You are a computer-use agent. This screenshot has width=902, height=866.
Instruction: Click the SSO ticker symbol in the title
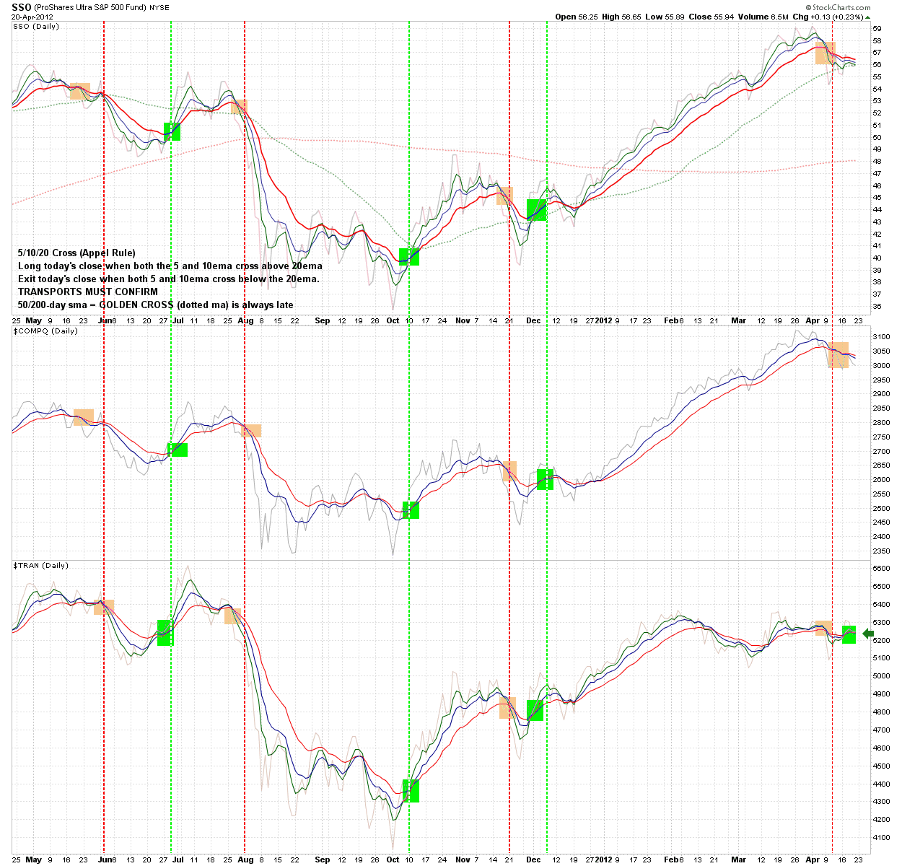click(22, 7)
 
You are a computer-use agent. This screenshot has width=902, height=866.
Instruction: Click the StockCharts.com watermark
click(838, 7)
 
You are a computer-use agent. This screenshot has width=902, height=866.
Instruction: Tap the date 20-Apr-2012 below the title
click(32, 17)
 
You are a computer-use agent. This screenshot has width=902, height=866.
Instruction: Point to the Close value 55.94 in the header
click(724, 17)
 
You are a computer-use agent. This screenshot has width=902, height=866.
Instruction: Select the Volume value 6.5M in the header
click(779, 17)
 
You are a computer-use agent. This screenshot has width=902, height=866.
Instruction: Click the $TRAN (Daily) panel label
click(41, 566)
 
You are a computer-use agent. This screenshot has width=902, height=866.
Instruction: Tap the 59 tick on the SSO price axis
click(877, 29)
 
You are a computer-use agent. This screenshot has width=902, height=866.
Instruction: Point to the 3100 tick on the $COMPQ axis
click(880, 337)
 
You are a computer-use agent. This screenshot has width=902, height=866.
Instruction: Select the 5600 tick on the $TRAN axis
click(880, 569)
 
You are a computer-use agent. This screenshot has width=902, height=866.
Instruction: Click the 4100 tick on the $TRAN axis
click(880, 838)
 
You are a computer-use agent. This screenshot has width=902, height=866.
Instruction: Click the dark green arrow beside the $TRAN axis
click(868, 634)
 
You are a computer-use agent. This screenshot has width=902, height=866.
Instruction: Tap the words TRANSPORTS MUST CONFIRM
click(88, 292)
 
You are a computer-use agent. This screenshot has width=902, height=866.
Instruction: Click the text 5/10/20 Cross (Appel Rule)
click(77, 253)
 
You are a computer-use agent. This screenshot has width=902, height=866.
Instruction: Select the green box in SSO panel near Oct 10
click(409, 257)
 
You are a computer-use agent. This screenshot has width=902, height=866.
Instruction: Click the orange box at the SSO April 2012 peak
click(826, 53)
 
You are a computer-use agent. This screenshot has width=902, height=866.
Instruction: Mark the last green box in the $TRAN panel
click(849, 634)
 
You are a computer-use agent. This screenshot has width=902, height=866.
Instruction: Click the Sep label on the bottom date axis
click(322, 860)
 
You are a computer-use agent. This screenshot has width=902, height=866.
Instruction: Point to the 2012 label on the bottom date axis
click(603, 860)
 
